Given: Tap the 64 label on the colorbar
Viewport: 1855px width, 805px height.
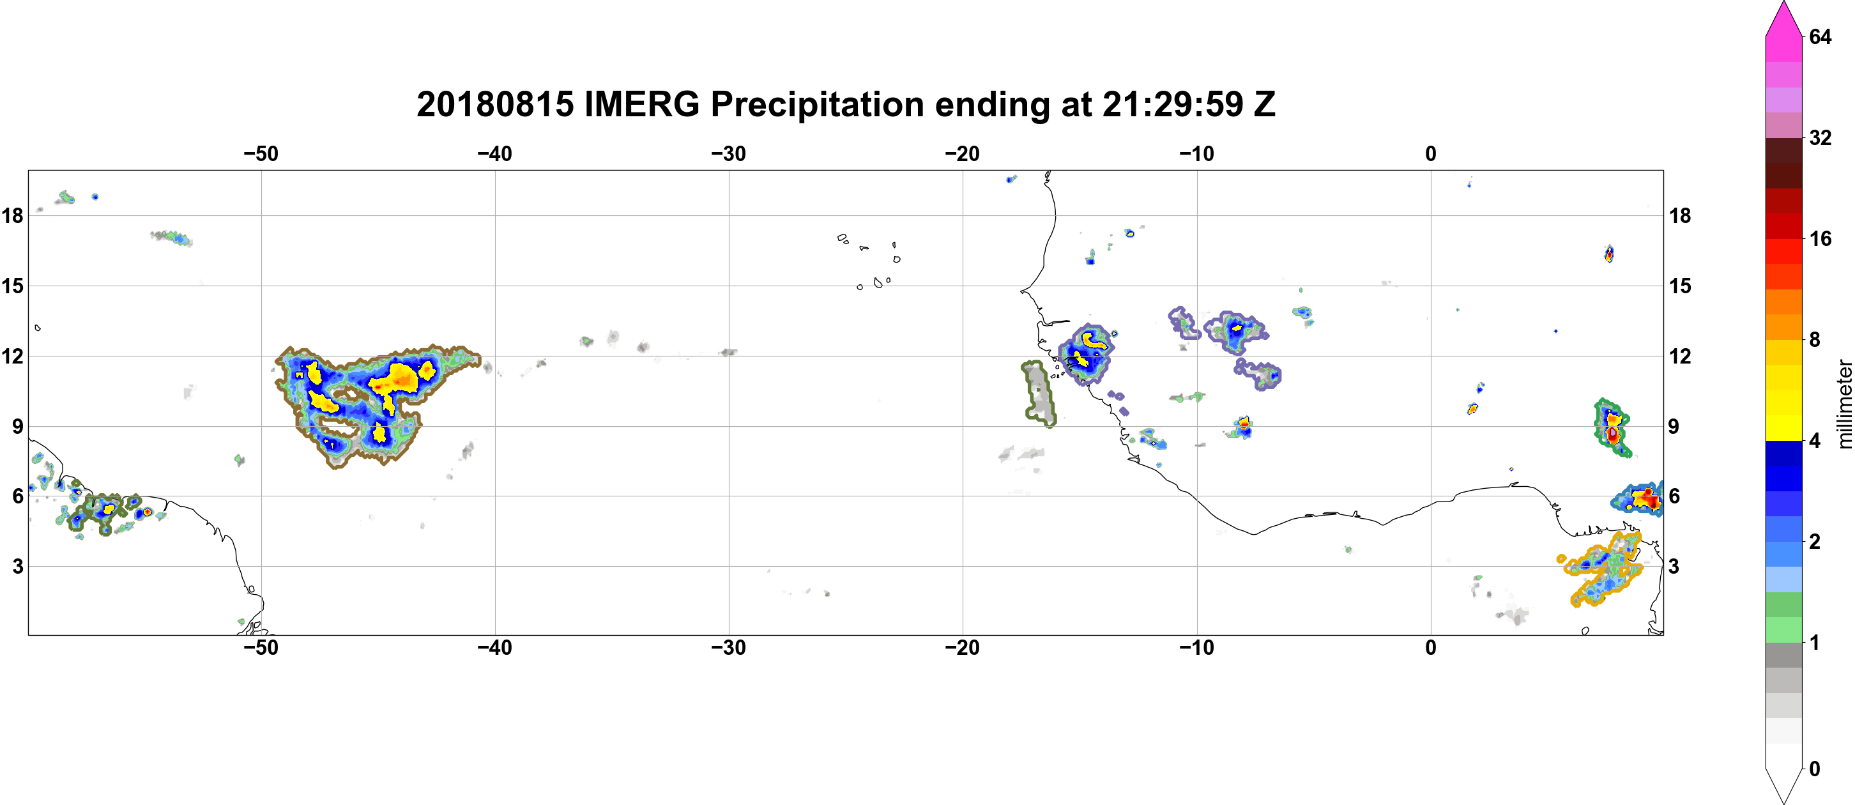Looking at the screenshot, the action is pos(1820,36).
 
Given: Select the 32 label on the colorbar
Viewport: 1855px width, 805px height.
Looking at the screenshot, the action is pos(1820,137).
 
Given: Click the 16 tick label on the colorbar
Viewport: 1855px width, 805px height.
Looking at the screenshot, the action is pos(1820,238).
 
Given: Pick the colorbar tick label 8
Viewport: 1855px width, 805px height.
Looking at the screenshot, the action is pos(1815,339).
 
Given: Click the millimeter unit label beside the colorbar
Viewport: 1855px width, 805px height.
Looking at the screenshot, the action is pos(1844,404).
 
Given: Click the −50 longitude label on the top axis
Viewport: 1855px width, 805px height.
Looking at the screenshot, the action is pos(261,153).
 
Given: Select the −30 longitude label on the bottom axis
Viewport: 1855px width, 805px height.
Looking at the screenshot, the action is pos(729,647).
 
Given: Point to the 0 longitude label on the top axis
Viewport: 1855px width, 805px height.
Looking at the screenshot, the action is pos(1431,153).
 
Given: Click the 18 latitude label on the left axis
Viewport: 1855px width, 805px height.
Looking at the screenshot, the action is pos(12,215).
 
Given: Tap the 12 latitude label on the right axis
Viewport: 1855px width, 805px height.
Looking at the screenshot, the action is pos(1680,356).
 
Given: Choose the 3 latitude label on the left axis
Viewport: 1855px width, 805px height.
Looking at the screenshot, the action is pos(17,566).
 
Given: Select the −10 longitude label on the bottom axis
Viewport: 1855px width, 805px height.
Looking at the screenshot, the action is pos(1197,647).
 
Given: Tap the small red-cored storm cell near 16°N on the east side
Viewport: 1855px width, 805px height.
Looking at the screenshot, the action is pos(1610,254).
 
